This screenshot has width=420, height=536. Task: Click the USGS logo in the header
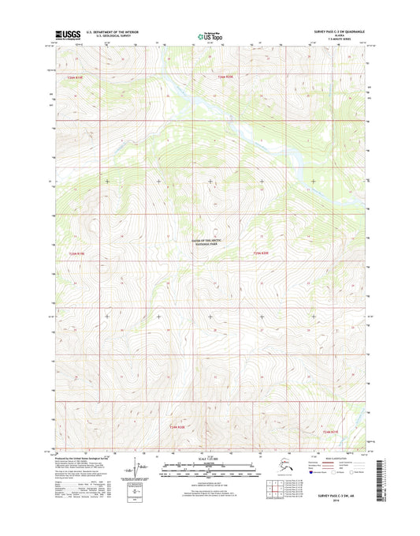(x=67, y=35)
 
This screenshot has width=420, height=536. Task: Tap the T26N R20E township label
(x=226, y=77)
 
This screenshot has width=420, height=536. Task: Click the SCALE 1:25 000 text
(x=209, y=459)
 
